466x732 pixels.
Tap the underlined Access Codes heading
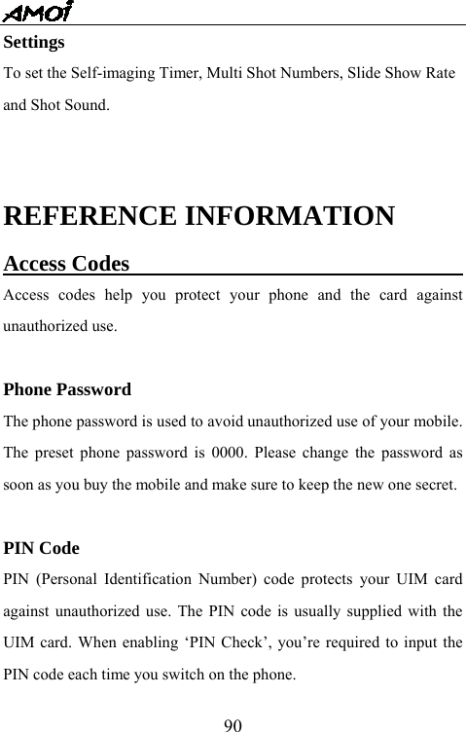pyautogui.click(x=67, y=264)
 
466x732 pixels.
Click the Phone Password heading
pyautogui.click(x=68, y=390)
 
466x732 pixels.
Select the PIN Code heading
pyautogui.click(x=42, y=548)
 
